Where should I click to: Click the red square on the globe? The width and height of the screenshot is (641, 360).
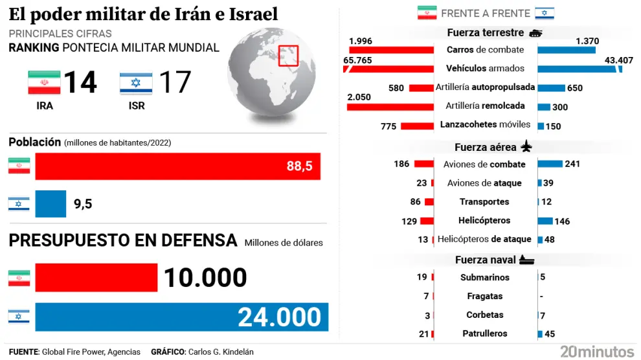[288, 55]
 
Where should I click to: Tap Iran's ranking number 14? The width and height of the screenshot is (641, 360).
[80, 83]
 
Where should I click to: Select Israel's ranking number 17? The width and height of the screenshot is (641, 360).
[175, 83]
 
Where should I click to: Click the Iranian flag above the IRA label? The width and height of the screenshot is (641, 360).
[44, 84]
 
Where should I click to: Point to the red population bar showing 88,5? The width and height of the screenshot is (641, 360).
[177, 166]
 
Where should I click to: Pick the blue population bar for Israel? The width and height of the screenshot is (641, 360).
[51, 203]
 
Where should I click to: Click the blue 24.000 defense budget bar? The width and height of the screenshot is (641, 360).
[181, 317]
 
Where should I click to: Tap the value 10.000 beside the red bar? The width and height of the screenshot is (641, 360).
[205, 278]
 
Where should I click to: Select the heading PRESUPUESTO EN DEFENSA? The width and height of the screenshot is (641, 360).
[123, 241]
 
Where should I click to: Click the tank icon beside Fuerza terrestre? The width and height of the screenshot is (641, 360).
[535, 33]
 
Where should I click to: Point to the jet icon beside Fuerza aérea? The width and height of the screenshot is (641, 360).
[526, 147]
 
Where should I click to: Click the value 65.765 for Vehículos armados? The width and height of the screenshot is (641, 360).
[357, 60]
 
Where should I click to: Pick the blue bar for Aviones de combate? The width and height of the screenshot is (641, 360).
[550, 164]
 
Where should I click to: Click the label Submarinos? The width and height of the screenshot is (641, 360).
[484, 277]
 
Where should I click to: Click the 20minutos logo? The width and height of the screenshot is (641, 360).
[596, 351]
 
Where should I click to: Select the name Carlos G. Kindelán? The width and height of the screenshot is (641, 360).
[221, 352]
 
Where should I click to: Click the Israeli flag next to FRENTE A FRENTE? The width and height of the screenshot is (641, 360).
[544, 13]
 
